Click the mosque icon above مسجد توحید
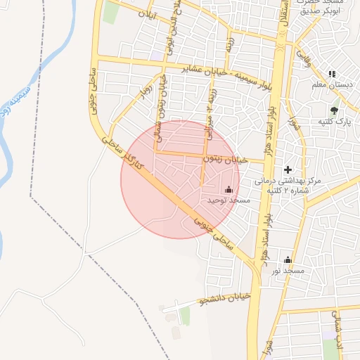pyautogui.click(x=228, y=189)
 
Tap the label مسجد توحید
pyautogui.click(x=229, y=200)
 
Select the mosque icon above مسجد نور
pyautogui.click(x=287, y=260)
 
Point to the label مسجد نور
pyautogui.click(x=288, y=271)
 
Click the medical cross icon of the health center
pyautogui.click(x=288, y=169)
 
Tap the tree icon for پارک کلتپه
pyautogui.click(x=334, y=110)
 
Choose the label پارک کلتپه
pyautogui.click(x=334, y=122)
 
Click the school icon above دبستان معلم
pyautogui.click(x=332, y=74)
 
